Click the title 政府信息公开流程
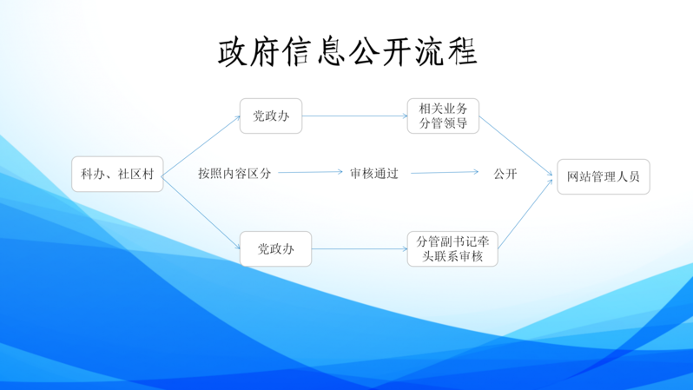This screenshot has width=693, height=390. pyautogui.click(x=347, y=52)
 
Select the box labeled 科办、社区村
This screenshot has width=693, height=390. pyautogui.click(x=117, y=174)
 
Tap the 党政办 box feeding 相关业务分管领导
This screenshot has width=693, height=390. pyautogui.click(x=271, y=116)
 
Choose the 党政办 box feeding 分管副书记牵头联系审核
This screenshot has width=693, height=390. pyautogui.click(x=275, y=249)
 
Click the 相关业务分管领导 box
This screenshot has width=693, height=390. pyautogui.click(x=443, y=116)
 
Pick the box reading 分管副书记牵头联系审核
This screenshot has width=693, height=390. pyautogui.click(x=452, y=248)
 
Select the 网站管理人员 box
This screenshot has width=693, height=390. pyautogui.click(x=603, y=176)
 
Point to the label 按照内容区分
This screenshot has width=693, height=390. pyautogui.click(x=234, y=174)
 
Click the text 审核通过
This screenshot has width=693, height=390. pyautogui.click(x=374, y=174)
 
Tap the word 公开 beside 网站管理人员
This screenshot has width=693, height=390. pyautogui.click(x=505, y=174)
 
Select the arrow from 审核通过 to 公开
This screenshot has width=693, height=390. pyautogui.click(x=444, y=172)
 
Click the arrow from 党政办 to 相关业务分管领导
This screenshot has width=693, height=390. pyautogui.click(x=354, y=116)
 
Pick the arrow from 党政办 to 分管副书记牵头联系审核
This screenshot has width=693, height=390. pyautogui.click(x=359, y=249)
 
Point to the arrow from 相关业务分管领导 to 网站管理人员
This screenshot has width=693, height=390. pyautogui.click(x=516, y=147)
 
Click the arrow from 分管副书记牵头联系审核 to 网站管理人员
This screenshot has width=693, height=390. pyautogui.click(x=525, y=213)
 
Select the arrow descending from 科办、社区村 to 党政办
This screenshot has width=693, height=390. pyautogui.click(x=201, y=212)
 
